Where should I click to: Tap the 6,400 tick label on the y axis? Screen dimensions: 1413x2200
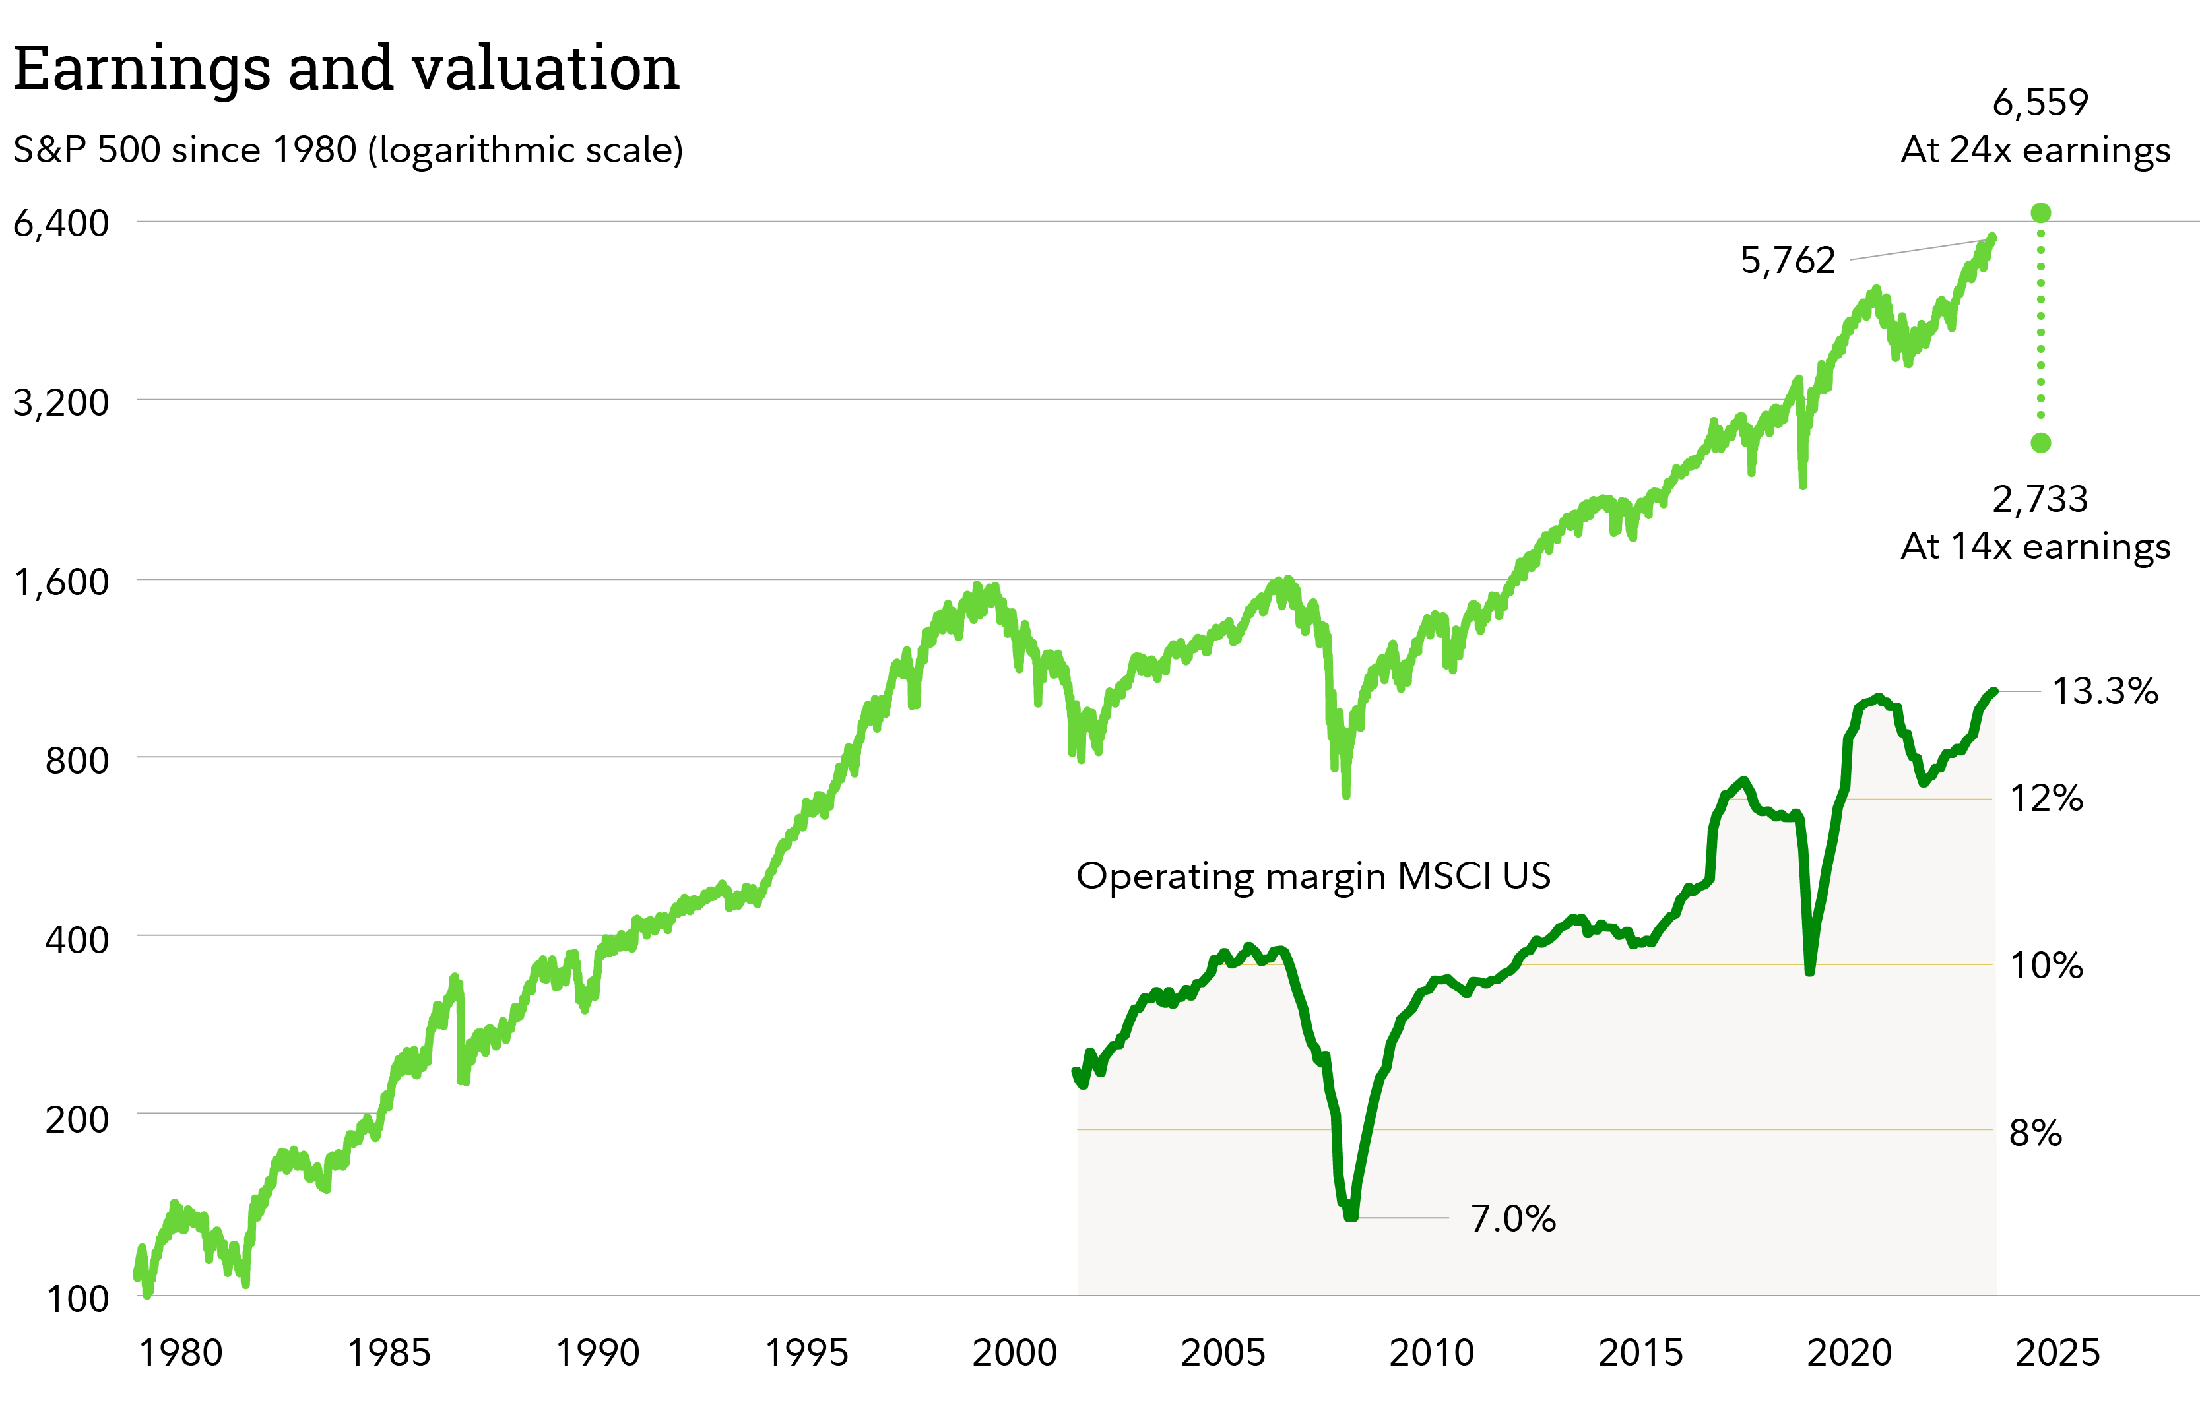click(x=61, y=223)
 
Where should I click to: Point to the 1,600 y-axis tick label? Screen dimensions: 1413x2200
click(x=61, y=582)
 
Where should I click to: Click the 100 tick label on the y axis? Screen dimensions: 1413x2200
click(x=77, y=1300)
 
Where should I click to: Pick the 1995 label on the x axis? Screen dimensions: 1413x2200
click(x=807, y=1352)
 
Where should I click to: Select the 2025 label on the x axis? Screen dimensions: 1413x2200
click(x=2057, y=1352)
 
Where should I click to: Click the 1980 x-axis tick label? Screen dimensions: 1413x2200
click(x=180, y=1352)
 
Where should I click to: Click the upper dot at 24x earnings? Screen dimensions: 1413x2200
click(x=2040, y=213)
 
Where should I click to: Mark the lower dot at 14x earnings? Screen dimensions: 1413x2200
click(x=2040, y=443)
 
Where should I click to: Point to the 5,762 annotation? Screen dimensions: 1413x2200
click(x=1788, y=261)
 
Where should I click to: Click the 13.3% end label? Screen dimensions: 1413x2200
click(x=2104, y=691)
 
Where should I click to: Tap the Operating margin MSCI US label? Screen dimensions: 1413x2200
click(x=1313, y=875)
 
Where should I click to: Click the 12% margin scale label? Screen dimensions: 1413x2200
click(x=2047, y=798)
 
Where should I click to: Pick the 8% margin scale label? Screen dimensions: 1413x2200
click(x=2036, y=1133)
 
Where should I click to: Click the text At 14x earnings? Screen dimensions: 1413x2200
click(x=2035, y=546)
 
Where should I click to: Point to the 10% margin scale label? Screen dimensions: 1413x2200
click(x=2047, y=965)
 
